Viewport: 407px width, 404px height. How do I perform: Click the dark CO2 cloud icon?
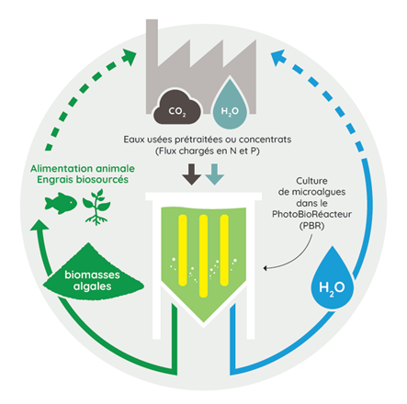click(177, 107)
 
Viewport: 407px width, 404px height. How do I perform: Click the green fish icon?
click(61, 203)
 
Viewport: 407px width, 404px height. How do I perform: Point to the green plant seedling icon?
click(96, 207)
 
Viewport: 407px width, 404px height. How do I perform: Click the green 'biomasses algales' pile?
click(93, 271)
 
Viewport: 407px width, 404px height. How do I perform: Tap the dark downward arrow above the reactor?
click(191, 174)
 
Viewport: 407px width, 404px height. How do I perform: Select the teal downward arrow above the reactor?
click(215, 174)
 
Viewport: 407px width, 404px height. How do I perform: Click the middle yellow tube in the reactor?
click(203, 256)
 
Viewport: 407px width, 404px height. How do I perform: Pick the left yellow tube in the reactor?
click(183, 251)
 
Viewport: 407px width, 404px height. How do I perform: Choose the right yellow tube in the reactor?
click(224, 251)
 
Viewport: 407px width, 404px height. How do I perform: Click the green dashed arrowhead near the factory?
click(129, 57)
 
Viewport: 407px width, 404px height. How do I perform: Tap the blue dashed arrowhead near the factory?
click(277, 57)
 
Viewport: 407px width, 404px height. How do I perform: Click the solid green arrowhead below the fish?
click(40, 225)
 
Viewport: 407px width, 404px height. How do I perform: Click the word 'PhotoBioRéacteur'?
click(311, 214)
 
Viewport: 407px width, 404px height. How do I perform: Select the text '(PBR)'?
click(311, 226)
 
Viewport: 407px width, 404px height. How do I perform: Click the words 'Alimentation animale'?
click(83, 168)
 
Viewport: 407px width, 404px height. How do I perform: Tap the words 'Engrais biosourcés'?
click(83, 179)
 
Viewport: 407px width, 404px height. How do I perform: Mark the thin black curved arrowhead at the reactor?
click(266, 268)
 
